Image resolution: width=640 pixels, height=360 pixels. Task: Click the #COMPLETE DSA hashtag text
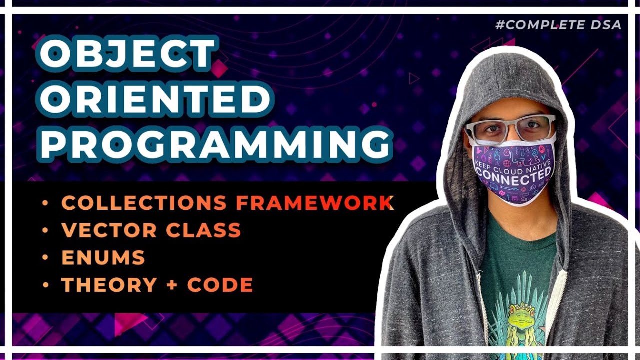tap(558, 25)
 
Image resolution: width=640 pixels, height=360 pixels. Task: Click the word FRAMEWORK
tap(314, 203)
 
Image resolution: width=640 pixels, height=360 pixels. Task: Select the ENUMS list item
tap(103, 258)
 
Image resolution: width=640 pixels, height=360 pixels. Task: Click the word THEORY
tap(109, 285)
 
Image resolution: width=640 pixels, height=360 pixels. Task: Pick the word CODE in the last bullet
tap(220, 285)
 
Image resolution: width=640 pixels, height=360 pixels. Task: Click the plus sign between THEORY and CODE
tap(172, 285)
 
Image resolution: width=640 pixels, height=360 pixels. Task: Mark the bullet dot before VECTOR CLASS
tap(46, 230)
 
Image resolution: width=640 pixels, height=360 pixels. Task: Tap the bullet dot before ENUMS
tap(46, 258)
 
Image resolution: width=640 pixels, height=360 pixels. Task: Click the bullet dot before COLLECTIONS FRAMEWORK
tap(46, 203)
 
